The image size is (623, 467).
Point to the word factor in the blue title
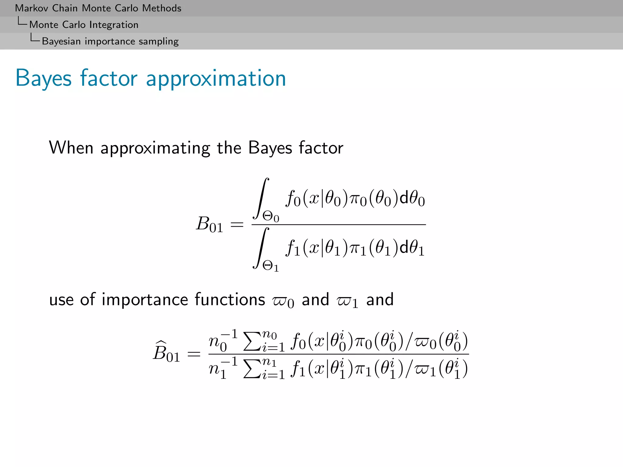click(109, 78)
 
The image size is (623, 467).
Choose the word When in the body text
click(71, 148)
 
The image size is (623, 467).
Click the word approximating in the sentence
click(155, 148)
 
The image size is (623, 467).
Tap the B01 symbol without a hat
click(209, 225)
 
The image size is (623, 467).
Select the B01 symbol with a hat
click(166, 353)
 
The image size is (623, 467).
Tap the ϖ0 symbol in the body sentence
click(283, 301)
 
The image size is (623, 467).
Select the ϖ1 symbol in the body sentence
click(347, 301)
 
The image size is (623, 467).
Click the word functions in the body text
click(230, 299)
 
